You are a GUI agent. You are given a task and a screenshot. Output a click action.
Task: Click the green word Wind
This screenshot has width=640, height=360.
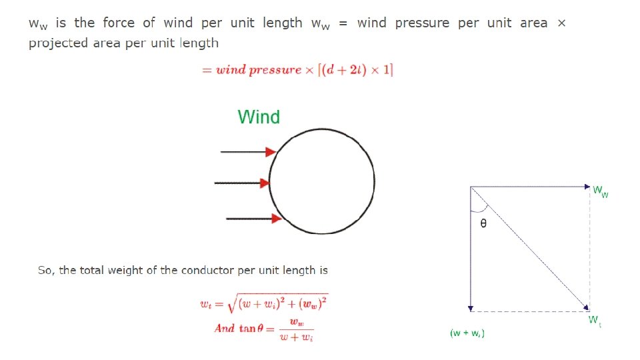click(259, 117)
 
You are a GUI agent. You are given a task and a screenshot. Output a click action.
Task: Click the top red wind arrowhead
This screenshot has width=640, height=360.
click(271, 152)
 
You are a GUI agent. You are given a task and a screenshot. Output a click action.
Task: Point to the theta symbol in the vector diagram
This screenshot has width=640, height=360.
click(483, 223)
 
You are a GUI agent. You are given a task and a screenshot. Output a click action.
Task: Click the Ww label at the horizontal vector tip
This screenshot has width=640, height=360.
click(601, 191)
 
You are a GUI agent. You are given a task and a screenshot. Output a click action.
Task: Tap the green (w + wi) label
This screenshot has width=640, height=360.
click(467, 333)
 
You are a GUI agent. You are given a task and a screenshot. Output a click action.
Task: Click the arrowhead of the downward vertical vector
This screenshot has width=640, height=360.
click(471, 308)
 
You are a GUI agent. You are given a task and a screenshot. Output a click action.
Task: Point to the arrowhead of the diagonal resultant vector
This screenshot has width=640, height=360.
click(585, 307)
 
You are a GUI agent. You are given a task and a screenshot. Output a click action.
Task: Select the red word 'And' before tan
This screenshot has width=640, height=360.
click(224, 329)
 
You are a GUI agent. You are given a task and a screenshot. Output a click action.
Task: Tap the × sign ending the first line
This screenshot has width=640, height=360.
click(561, 23)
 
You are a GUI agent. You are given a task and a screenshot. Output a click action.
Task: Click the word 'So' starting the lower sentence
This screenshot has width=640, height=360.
click(45, 271)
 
